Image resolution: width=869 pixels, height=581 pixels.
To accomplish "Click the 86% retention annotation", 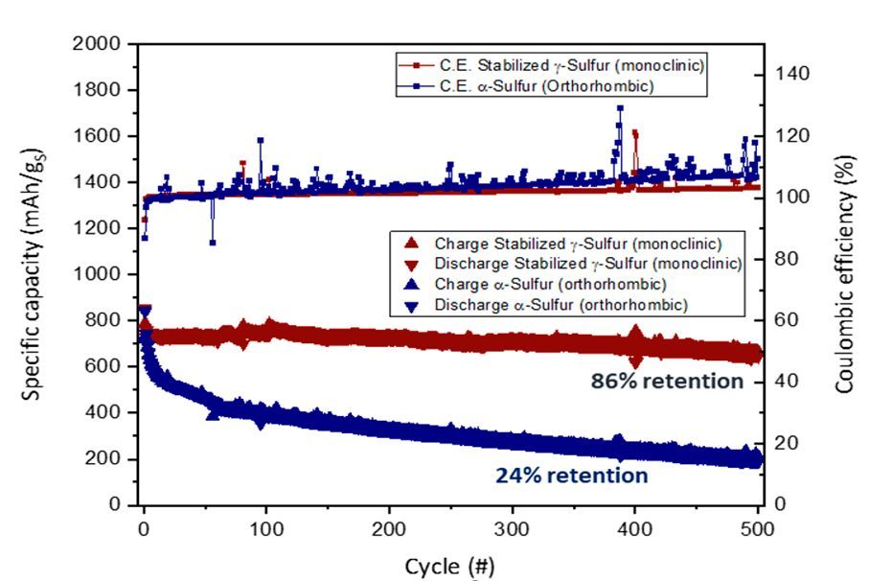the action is pyautogui.click(x=667, y=381).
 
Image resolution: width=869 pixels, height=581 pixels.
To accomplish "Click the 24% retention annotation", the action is pyautogui.click(x=571, y=476).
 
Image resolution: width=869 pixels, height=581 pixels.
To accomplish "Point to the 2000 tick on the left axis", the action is pyautogui.click(x=97, y=43).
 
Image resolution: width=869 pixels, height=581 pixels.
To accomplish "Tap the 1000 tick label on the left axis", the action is pyautogui.click(x=97, y=274).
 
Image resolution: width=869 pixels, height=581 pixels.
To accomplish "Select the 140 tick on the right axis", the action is pyautogui.click(x=791, y=73).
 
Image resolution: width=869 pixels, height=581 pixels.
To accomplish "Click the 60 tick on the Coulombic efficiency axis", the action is pyautogui.click(x=786, y=319).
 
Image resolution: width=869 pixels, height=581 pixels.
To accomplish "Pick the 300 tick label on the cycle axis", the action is pyautogui.click(x=512, y=529).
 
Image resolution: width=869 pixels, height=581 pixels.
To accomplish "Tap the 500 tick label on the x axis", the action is pyautogui.click(x=757, y=529).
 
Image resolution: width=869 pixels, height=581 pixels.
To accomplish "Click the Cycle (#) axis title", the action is pyautogui.click(x=449, y=567).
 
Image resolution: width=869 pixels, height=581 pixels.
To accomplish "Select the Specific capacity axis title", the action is pyautogui.click(x=34, y=274).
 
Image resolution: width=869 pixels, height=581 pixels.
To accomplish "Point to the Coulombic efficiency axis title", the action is pyautogui.click(x=844, y=274).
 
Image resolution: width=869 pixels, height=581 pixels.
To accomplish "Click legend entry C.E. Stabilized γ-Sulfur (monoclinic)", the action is pyautogui.click(x=572, y=65).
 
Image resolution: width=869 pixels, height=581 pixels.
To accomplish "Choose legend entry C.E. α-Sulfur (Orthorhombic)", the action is pyautogui.click(x=546, y=86).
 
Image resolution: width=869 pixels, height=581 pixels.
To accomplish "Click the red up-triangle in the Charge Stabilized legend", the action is pyautogui.click(x=411, y=243).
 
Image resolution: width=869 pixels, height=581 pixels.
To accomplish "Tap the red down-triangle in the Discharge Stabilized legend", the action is pyautogui.click(x=411, y=265).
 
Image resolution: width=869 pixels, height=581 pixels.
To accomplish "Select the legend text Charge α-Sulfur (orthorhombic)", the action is pyautogui.click(x=550, y=284).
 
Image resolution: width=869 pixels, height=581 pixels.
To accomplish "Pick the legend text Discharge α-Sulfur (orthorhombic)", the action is pyautogui.click(x=560, y=305).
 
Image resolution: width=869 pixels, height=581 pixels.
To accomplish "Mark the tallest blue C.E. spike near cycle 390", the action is pyautogui.click(x=620, y=108).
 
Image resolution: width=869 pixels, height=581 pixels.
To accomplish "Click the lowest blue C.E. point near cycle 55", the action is pyautogui.click(x=213, y=243).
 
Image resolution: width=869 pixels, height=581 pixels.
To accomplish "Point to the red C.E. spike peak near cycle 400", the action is pyautogui.click(x=634, y=133).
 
